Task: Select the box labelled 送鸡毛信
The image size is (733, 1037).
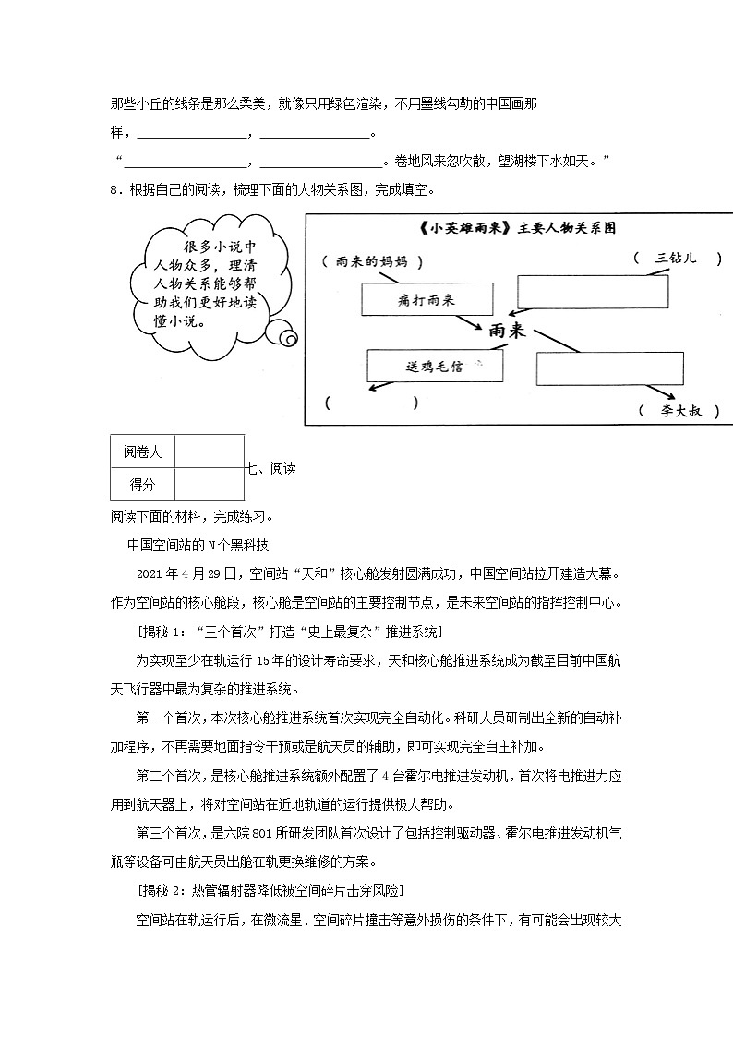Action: coord(435,366)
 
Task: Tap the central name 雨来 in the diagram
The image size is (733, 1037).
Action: coord(507,331)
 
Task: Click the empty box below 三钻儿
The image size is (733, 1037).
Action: coord(592,291)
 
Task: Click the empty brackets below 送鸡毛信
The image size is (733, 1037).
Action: coord(370,403)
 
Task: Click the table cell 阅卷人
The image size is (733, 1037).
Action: coord(142,452)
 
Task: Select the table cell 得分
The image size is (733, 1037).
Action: coord(142,484)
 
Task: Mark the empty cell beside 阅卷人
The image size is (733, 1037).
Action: coord(209,452)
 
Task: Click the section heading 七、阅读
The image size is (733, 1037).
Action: coord(270,468)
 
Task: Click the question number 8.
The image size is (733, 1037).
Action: coord(113,190)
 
